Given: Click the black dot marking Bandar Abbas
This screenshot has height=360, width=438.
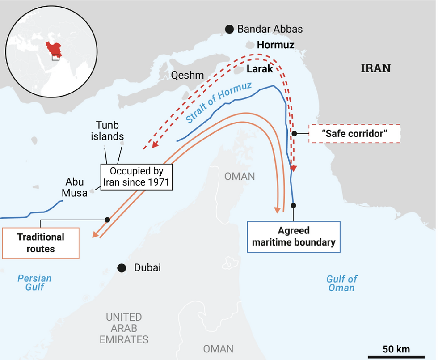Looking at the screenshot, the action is [229, 29].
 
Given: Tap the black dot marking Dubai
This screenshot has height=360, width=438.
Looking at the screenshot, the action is [121, 268].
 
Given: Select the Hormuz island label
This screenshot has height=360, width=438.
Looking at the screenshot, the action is [275, 45].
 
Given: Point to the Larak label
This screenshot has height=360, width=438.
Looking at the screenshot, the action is [260, 69].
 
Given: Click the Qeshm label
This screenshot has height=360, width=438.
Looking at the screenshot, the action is [187, 75].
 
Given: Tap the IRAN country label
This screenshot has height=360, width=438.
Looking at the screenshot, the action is [375, 68].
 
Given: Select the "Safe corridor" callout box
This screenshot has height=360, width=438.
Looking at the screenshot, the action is [354, 133].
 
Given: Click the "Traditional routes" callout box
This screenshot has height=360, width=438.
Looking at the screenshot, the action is [41, 243].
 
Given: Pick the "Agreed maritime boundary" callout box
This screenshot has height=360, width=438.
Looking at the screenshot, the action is [294, 237].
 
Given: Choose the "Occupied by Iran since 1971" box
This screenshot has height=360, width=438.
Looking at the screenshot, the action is [136, 177].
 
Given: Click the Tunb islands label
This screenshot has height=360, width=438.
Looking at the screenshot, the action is [107, 131].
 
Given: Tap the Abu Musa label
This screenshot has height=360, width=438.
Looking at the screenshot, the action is [75, 187].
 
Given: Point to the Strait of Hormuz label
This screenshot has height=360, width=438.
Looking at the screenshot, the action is [219, 103].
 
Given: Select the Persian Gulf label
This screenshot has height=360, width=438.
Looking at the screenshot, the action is [34, 283].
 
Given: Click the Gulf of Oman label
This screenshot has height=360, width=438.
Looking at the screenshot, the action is [341, 283].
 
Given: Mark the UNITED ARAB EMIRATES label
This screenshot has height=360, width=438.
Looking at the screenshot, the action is [124, 328].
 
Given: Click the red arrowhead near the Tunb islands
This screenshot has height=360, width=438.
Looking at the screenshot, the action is [154, 144].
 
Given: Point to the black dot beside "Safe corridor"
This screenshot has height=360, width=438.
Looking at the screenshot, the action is [294, 133].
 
